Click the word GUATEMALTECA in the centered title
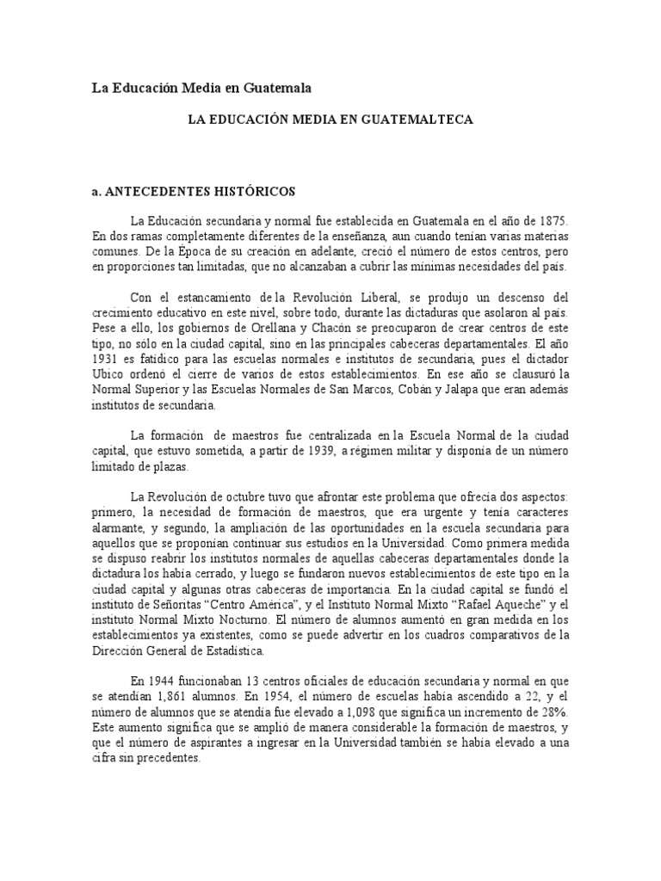pyautogui.click(x=424, y=120)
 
